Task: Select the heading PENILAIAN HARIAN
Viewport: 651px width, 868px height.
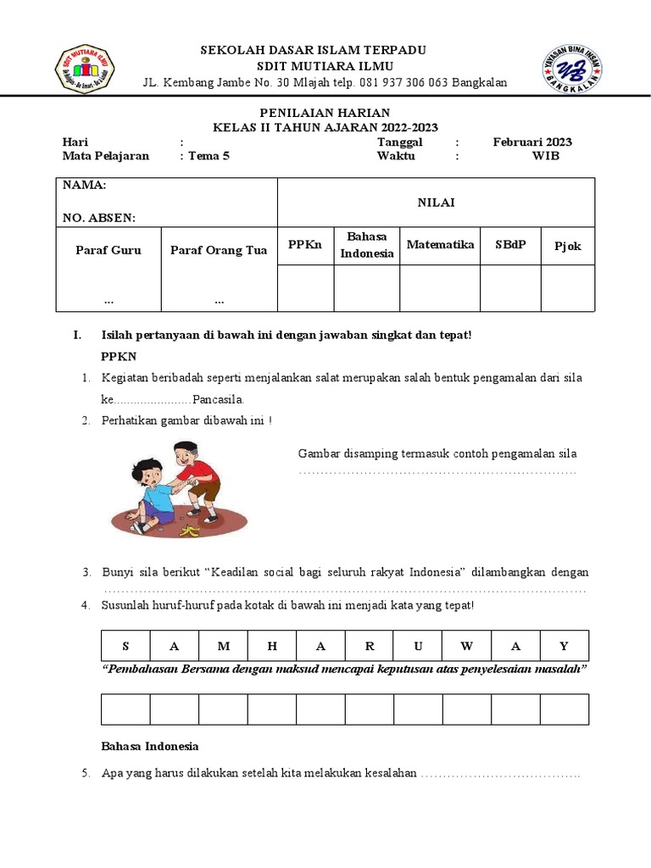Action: (x=325, y=113)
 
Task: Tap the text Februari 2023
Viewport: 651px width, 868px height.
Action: (x=532, y=142)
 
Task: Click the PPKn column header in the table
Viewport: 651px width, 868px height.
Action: (x=305, y=245)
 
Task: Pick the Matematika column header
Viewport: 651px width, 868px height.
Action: (x=440, y=245)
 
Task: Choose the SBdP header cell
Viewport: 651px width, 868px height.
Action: (x=510, y=245)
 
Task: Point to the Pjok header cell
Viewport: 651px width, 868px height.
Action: (x=568, y=247)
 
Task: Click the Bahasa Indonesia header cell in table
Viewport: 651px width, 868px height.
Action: (x=367, y=245)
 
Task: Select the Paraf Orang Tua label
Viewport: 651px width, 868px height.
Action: (x=219, y=250)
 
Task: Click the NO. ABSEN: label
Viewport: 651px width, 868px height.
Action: (x=98, y=218)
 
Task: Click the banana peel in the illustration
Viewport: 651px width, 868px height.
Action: (x=188, y=530)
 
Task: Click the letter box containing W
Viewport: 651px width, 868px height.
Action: (x=467, y=646)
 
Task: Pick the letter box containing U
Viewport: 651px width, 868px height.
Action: (x=418, y=646)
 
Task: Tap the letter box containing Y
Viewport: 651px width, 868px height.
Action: (x=565, y=646)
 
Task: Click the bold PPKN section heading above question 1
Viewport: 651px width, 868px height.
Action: (x=119, y=357)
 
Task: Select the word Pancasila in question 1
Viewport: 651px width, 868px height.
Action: (x=218, y=399)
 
